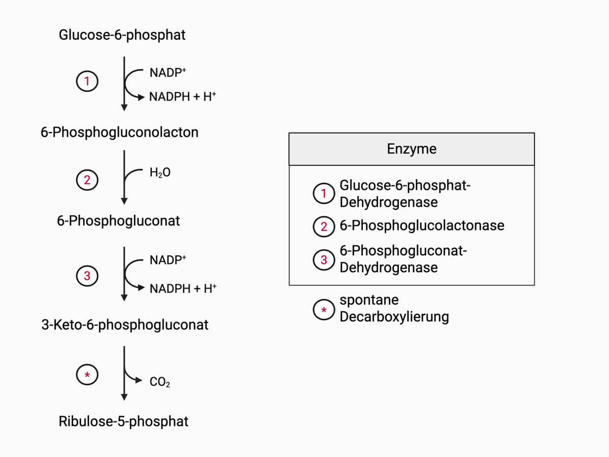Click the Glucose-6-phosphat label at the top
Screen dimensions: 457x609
click(x=122, y=35)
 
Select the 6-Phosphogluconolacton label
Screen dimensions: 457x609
click(x=119, y=133)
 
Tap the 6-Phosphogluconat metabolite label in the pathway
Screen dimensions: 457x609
click(x=118, y=221)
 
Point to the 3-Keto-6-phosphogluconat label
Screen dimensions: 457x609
click(x=125, y=325)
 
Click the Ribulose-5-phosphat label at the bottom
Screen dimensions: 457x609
click(x=123, y=421)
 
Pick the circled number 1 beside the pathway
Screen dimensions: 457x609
click(x=87, y=81)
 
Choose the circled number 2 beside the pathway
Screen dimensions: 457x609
click(x=87, y=179)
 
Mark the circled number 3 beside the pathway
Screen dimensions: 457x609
click(x=87, y=276)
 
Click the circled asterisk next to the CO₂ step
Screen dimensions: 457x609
click(x=87, y=375)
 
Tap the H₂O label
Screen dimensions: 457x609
click(x=160, y=173)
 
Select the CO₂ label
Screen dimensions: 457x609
click(x=160, y=382)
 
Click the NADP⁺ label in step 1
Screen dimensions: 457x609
click(x=168, y=73)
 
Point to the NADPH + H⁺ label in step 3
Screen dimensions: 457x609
click(x=183, y=288)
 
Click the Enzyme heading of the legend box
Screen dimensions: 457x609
click(x=412, y=149)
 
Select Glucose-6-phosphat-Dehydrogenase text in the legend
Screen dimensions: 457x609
click(x=405, y=194)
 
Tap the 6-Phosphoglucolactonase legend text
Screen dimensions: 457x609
click(x=422, y=225)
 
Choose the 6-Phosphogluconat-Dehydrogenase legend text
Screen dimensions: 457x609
click(x=403, y=259)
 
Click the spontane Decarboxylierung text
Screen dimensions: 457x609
click(x=394, y=308)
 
